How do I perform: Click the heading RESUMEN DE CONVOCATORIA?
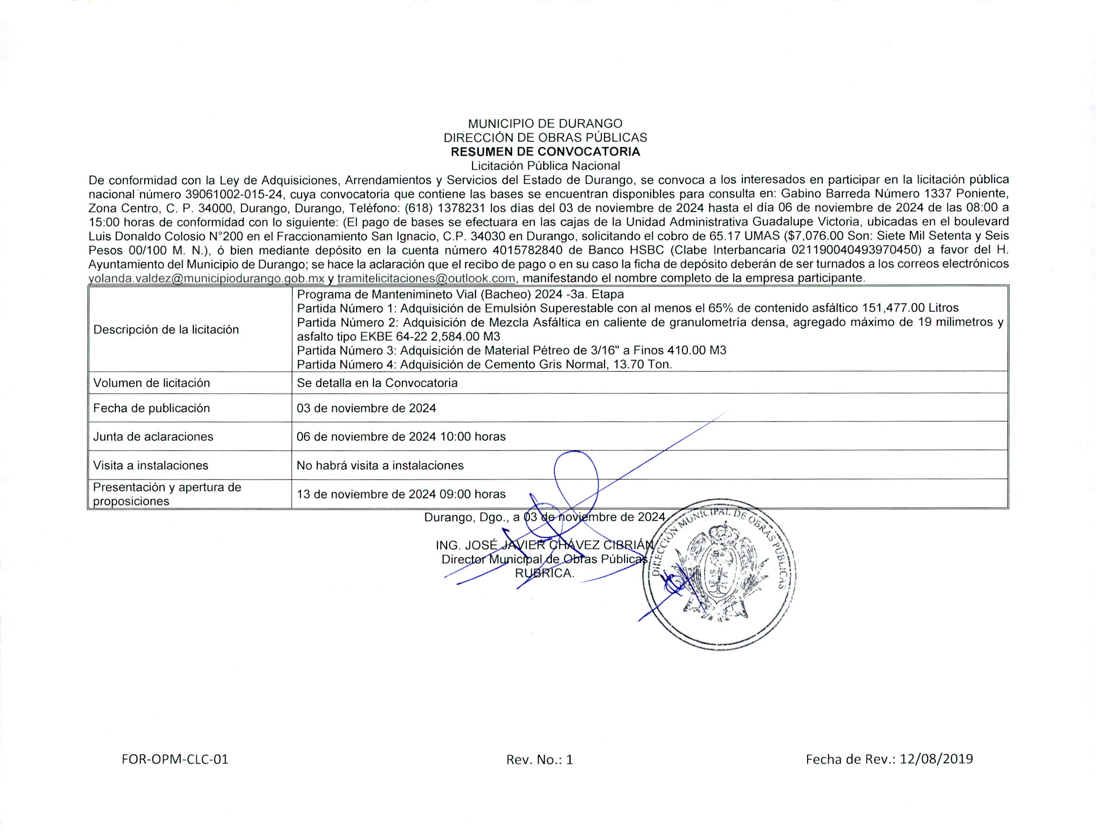(x=545, y=151)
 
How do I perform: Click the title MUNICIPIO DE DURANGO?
(x=545, y=123)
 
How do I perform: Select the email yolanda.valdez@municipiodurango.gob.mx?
(x=206, y=279)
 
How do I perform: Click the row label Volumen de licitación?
(x=151, y=383)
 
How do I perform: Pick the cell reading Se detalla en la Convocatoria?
(x=377, y=383)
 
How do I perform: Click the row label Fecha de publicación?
(x=151, y=408)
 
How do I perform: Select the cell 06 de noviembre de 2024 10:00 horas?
(x=401, y=436)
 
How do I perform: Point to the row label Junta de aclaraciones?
(x=153, y=436)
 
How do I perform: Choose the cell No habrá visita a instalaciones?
(x=380, y=465)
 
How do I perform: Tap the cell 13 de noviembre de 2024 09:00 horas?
(x=401, y=494)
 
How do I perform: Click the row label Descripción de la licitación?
(x=166, y=329)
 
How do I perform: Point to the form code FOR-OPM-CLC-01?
(x=175, y=759)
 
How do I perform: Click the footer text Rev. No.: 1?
(x=540, y=759)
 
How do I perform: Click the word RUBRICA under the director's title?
(x=545, y=573)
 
